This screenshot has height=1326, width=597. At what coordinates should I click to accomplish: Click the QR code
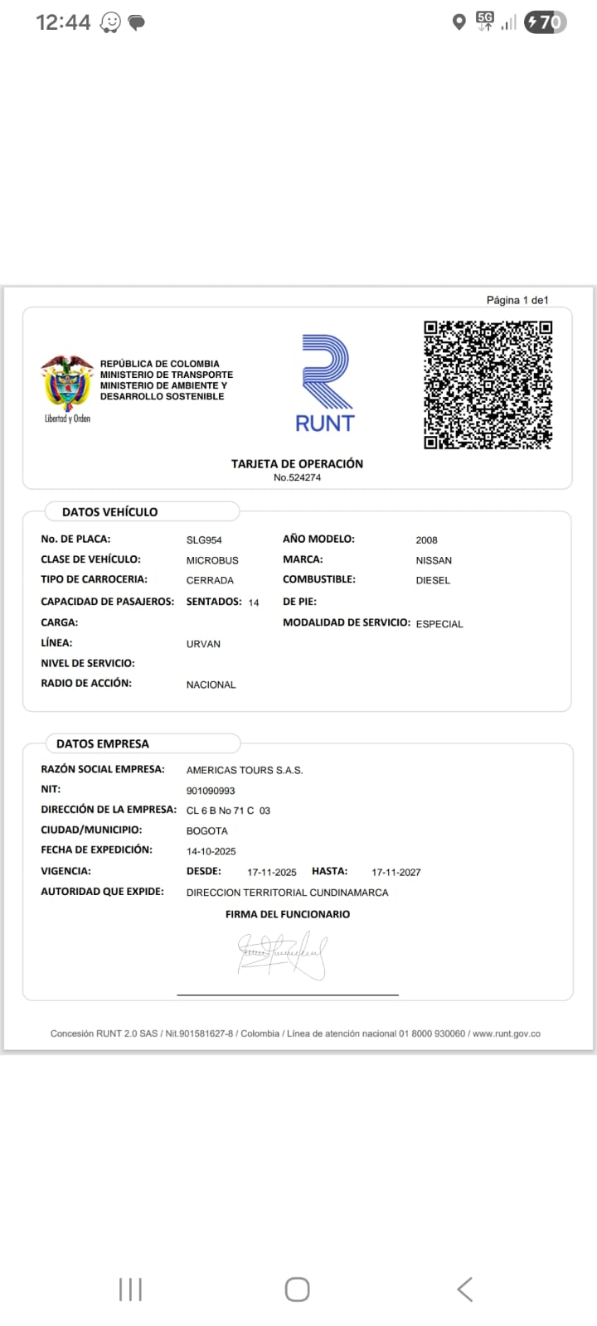click(x=488, y=385)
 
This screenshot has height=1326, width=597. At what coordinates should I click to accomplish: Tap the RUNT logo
click(x=325, y=383)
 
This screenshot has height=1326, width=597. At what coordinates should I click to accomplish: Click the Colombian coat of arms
click(x=67, y=383)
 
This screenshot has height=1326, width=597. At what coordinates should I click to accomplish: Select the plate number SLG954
click(x=204, y=540)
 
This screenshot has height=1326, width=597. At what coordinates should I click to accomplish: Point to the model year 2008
click(x=426, y=540)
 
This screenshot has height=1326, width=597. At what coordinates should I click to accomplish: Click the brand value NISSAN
click(x=434, y=560)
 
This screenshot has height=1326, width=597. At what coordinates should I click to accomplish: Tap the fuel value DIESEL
click(x=433, y=581)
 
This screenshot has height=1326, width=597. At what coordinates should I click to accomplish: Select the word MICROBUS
click(x=212, y=560)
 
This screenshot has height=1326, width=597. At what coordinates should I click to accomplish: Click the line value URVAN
click(x=203, y=644)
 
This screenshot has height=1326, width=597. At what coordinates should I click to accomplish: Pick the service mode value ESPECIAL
click(x=439, y=624)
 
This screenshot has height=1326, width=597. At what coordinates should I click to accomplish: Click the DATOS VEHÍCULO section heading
click(x=109, y=512)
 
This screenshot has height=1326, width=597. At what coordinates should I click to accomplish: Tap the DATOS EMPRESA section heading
click(x=103, y=744)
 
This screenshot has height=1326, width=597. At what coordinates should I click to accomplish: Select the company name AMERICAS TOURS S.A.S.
click(x=245, y=771)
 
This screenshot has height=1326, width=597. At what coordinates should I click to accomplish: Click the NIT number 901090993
click(x=211, y=791)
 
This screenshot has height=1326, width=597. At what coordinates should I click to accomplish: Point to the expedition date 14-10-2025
click(x=211, y=851)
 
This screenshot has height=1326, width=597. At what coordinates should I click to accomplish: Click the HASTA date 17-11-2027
click(x=396, y=873)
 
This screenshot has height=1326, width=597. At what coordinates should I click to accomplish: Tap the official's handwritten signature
click(x=283, y=954)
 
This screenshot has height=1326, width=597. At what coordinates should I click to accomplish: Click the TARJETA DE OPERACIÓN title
click(x=297, y=464)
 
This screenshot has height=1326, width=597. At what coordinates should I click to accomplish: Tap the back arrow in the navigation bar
click(x=465, y=1290)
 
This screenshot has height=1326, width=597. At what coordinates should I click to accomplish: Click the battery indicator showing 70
click(x=546, y=22)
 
